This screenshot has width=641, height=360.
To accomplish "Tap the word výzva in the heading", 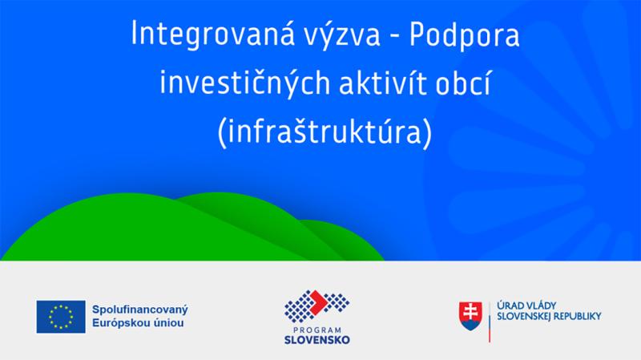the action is point(341,34).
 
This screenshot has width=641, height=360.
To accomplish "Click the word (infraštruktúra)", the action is point(325,131).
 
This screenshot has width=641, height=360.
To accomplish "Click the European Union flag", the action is point(61,317).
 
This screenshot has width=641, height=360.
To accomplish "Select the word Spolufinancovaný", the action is point(139,309).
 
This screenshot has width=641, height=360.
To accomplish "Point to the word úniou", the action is point(168,323).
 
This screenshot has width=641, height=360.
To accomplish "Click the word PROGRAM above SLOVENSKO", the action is point(316,330).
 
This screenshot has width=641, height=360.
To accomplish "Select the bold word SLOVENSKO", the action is point(316,340).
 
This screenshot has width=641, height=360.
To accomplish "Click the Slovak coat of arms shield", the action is point(470,316).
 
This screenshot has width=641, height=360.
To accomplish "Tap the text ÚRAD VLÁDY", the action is point(526,305).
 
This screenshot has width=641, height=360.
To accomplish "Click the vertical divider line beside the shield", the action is point(490,322).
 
